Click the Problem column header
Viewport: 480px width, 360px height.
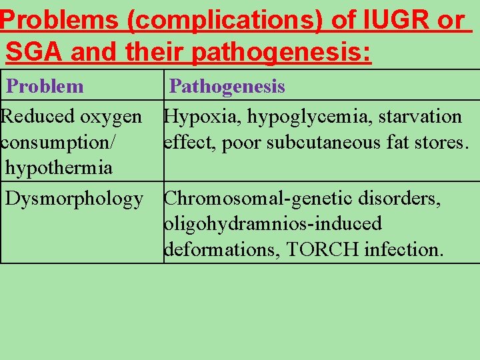pyautogui.click(x=45, y=87)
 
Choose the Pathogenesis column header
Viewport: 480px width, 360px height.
pyautogui.click(x=227, y=87)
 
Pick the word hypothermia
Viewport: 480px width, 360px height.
pyautogui.click(x=59, y=167)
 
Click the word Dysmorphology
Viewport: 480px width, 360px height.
pyautogui.click(x=73, y=198)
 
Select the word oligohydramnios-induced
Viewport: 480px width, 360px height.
pyautogui.click(x=273, y=223)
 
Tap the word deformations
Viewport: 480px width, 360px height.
pyautogui.click(x=221, y=249)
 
